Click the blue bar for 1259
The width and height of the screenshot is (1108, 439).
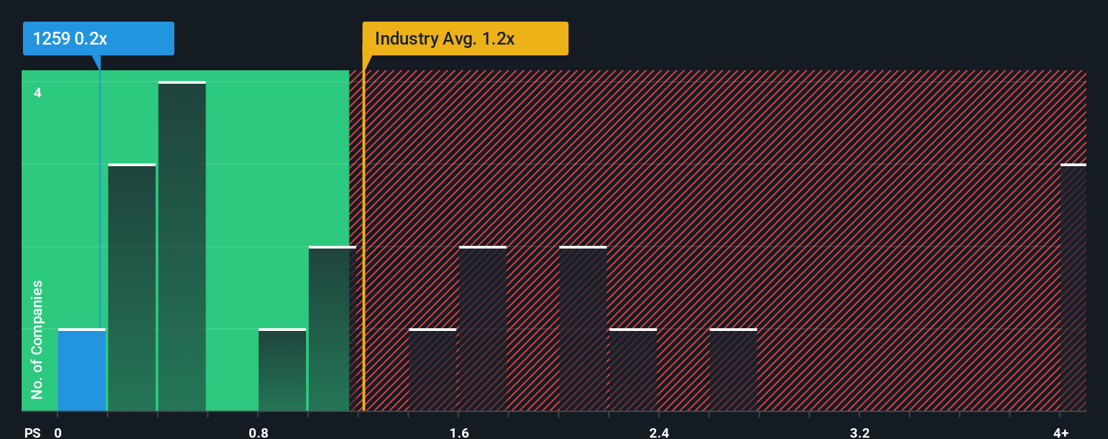click(x=81, y=370)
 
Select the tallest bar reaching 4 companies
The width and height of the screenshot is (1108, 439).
click(x=182, y=247)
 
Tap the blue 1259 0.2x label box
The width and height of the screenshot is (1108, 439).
click(x=98, y=38)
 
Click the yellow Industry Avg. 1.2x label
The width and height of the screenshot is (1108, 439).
click(x=465, y=38)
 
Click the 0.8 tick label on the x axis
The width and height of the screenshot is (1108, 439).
click(x=258, y=432)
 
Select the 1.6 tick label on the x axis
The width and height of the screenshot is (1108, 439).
click(x=459, y=432)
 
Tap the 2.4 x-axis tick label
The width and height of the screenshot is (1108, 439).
click(x=659, y=432)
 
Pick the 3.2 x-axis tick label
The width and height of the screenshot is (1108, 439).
click(x=859, y=432)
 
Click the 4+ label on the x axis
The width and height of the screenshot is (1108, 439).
click(x=1061, y=432)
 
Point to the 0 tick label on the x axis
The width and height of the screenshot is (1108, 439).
click(x=58, y=432)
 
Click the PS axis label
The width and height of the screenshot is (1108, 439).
click(x=32, y=432)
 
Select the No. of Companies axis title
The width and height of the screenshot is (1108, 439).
click(x=37, y=339)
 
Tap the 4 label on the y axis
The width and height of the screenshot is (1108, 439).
click(x=38, y=93)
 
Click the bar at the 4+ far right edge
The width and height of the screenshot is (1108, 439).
click(x=1073, y=287)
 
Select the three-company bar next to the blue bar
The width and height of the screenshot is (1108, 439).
click(x=132, y=287)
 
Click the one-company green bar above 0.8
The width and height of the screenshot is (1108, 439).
click(x=282, y=370)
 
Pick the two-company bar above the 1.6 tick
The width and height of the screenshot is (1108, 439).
click(x=482, y=329)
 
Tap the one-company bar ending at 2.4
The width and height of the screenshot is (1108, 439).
click(x=633, y=370)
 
